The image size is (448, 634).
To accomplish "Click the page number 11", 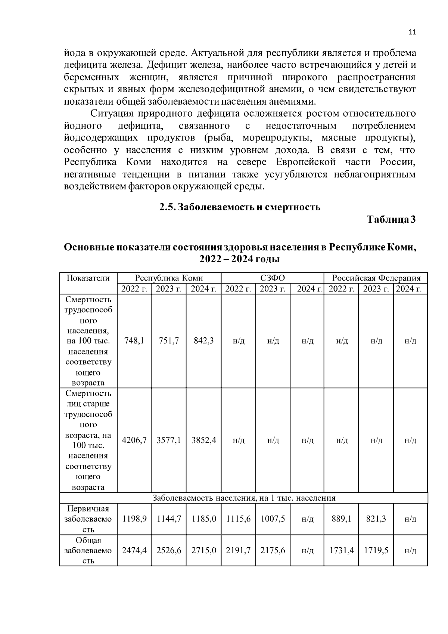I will pos(412,32).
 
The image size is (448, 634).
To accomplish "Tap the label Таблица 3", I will pos(391,219).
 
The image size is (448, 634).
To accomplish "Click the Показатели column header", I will pos(88,278).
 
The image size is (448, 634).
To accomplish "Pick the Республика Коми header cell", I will pos(169,278).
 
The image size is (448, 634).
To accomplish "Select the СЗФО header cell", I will pos(272,278).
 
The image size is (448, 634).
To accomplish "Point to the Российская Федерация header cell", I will pos(376,278).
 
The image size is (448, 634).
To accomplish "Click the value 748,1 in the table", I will pos(134,341).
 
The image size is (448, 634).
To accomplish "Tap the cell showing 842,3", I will pos(204,341).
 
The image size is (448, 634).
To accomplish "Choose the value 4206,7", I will pos(134,440).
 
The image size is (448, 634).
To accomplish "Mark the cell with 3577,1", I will pos(169,440).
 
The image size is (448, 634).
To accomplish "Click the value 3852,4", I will pos(204,440).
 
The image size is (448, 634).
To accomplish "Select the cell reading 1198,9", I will pos(134,519).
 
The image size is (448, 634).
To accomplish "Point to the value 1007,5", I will pos(273,519).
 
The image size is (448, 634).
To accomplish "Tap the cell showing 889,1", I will pos(341,519).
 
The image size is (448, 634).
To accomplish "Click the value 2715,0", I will pos(204,550).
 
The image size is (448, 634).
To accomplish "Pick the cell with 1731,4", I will pos(341,550).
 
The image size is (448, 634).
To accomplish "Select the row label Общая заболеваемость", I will pos(88,550).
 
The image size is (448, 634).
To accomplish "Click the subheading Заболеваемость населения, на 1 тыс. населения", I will pos(244,498).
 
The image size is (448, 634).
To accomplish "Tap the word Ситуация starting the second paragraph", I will pos(111,114).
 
